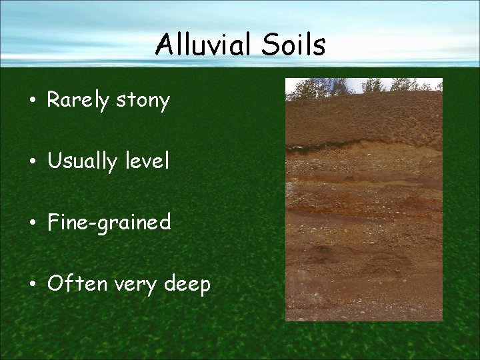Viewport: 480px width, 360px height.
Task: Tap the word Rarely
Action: [78, 101]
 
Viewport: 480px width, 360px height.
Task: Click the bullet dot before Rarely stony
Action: [31, 102]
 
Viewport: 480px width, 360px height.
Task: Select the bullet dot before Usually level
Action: [31, 162]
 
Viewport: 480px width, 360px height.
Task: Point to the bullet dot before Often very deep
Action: [31, 285]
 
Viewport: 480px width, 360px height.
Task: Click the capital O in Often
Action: [55, 284]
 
